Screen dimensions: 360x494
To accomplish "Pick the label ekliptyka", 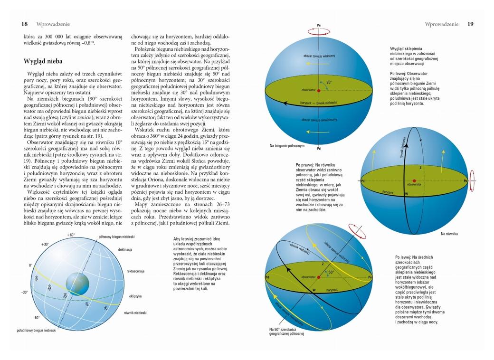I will pyautogui.click(x=136, y=296).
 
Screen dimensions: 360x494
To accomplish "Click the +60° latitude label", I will pyautogui.click(x=71, y=235).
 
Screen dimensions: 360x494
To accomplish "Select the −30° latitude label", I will pyautogui.click(x=24, y=292).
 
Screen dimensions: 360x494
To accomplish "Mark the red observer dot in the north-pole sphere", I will pyautogui.click(x=319, y=90).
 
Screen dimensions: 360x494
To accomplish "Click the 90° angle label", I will pyautogui.click(x=329, y=82).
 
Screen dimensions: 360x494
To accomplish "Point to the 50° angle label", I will pyautogui.click(x=331, y=273).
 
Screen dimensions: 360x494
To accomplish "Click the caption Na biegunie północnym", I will pyautogui.click(x=286, y=146).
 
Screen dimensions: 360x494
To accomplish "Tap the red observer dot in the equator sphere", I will pyautogui.click(x=414, y=181).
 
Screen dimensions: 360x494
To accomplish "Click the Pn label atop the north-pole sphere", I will pyautogui.click(x=319, y=25).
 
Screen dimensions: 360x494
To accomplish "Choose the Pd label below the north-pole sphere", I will pyautogui.click(x=319, y=149).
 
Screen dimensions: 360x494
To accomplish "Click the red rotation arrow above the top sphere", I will pyautogui.click(x=319, y=33).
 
